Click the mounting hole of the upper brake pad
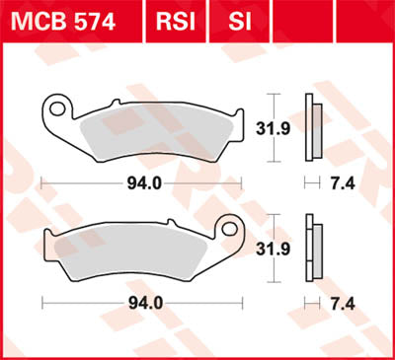[61, 106]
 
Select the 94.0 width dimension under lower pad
[145, 303]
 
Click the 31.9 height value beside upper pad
[282, 127]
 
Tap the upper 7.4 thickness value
[345, 182]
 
